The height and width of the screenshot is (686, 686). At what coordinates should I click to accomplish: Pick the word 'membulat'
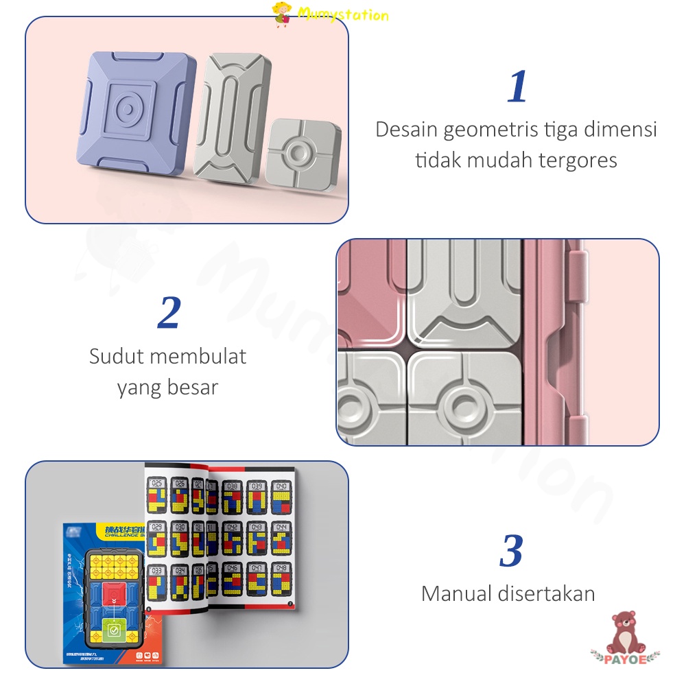pos(198,357)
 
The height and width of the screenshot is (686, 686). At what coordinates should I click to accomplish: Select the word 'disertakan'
pos(549,593)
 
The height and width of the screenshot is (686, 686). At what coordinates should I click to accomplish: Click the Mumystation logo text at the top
pos(343,14)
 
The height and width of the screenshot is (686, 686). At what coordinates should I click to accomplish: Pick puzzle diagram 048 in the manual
pos(281,580)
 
